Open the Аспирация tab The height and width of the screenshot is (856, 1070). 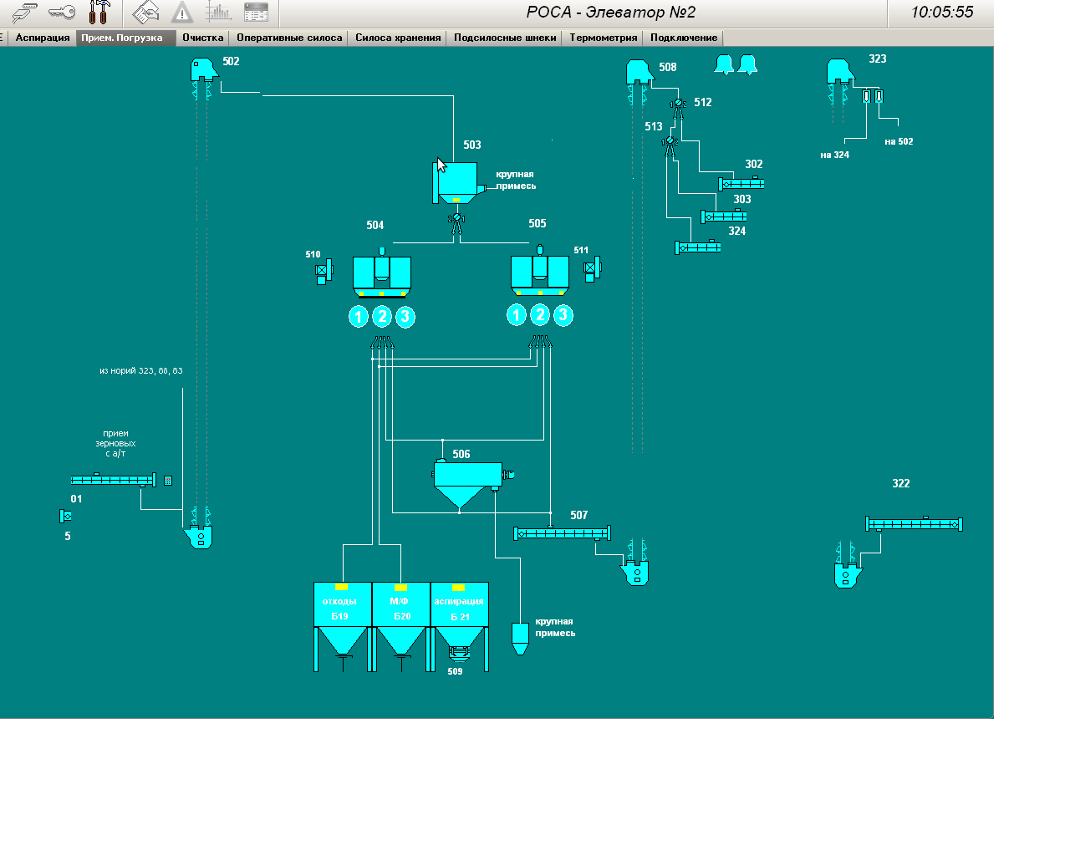(x=43, y=38)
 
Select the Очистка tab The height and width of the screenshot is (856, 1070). (x=203, y=38)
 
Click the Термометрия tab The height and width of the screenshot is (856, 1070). (x=604, y=38)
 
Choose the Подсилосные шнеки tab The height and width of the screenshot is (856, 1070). (x=505, y=38)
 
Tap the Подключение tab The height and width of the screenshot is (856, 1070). (x=684, y=38)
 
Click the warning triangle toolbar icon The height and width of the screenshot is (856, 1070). (x=181, y=13)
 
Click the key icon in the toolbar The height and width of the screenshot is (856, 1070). (x=62, y=13)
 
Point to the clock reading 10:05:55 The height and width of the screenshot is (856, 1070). (x=942, y=13)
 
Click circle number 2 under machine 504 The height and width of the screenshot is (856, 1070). (x=382, y=317)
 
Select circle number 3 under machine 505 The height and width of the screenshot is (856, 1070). (x=563, y=315)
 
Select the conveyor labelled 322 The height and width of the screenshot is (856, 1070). (x=914, y=524)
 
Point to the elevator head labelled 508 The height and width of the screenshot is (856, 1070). (x=639, y=72)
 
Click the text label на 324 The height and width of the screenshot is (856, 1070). (x=834, y=155)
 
